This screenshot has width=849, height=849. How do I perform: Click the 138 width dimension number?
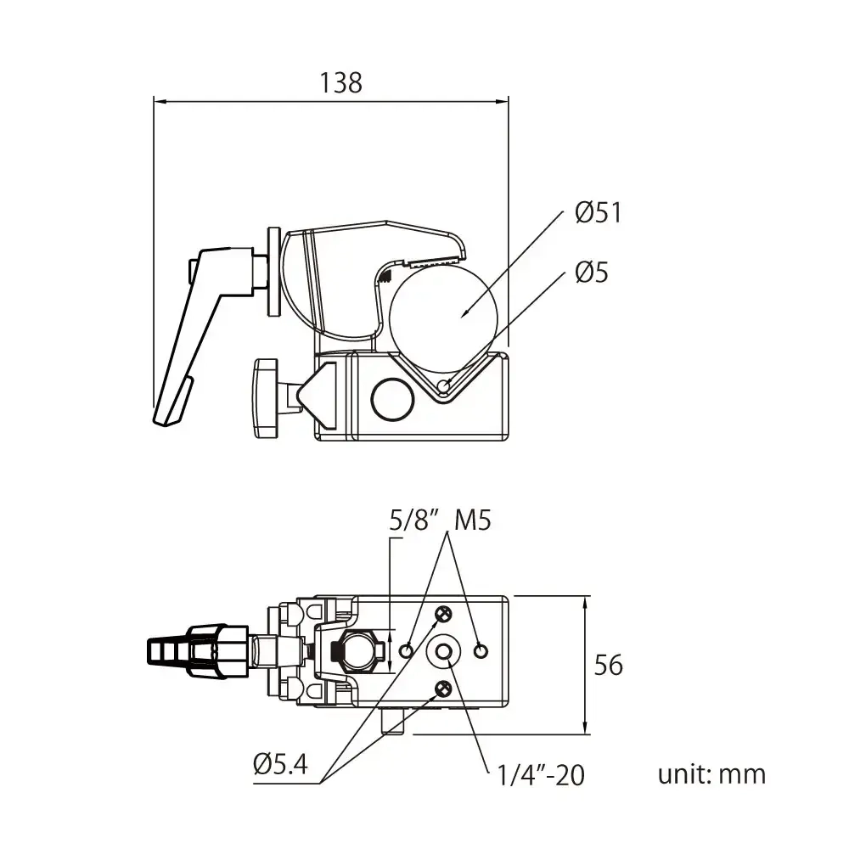tap(340, 82)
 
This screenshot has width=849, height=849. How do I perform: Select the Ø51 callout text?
tap(598, 212)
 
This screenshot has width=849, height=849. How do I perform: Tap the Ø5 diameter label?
tap(591, 273)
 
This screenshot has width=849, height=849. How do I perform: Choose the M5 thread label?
tap(472, 520)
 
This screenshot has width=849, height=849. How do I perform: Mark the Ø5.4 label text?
tap(280, 765)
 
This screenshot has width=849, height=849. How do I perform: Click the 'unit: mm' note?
tap(711, 774)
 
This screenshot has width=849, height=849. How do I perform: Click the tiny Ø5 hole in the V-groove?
tap(443, 387)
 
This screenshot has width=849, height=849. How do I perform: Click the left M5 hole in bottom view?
tap(407, 650)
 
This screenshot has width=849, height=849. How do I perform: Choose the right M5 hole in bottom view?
tap(481, 650)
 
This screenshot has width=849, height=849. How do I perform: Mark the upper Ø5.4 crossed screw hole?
tap(442, 614)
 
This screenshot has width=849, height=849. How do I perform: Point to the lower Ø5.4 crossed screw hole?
tap(442, 688)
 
